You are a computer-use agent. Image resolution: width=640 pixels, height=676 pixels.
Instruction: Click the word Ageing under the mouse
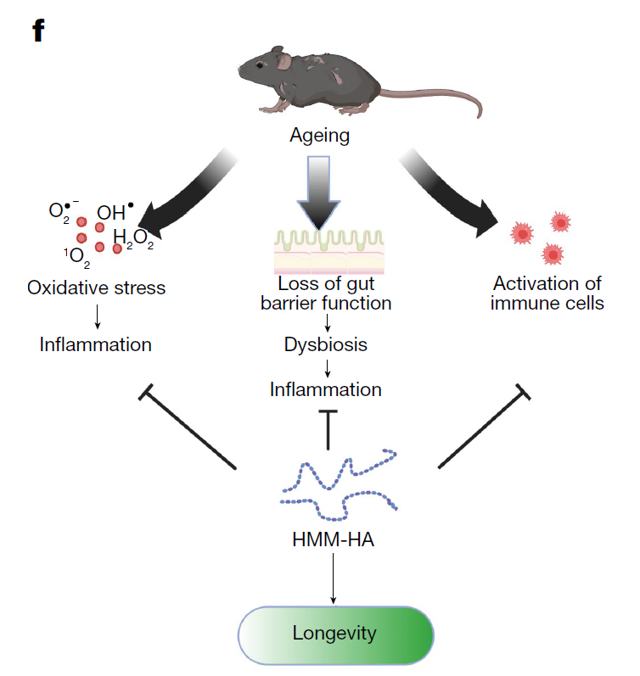319,135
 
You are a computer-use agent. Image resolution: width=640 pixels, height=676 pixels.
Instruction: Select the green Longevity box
335,634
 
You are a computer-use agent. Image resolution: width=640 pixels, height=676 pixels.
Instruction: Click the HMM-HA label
332,537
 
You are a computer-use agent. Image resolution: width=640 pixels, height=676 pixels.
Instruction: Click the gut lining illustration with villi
327,251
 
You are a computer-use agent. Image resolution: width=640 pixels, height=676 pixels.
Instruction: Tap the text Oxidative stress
96,288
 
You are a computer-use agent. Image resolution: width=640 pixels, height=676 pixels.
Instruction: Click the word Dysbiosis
326,345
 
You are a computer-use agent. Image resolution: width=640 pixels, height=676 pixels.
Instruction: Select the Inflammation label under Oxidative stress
95,344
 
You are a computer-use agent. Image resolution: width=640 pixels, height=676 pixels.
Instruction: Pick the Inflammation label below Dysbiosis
326,389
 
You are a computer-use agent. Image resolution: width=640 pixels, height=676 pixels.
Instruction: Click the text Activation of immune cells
547,293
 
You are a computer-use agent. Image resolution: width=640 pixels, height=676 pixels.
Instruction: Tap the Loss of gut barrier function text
327,293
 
